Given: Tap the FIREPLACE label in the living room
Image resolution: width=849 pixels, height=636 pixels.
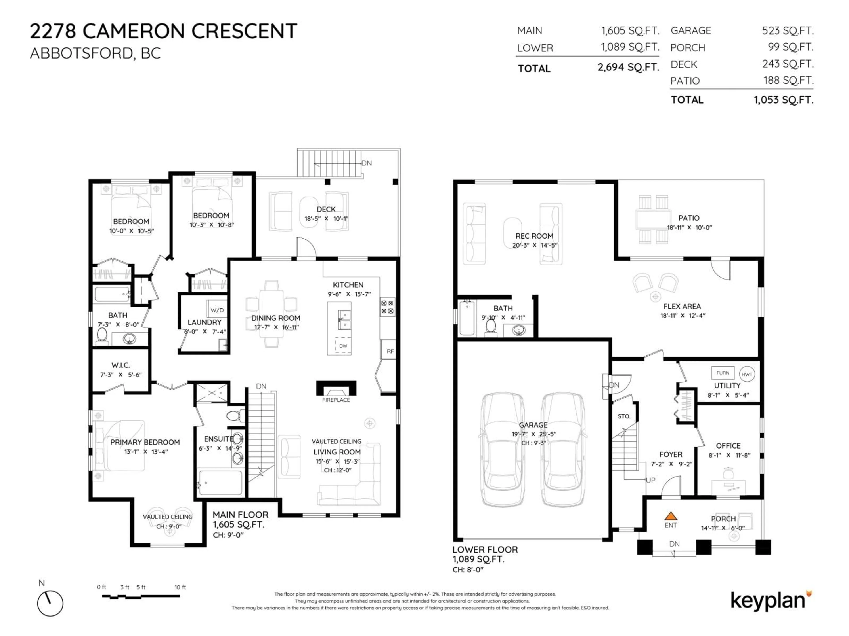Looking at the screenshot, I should (336, 400).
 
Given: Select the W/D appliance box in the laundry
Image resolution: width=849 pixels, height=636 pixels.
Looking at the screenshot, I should (217, 310).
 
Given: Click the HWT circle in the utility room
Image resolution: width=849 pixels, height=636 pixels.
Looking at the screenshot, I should (746, 374).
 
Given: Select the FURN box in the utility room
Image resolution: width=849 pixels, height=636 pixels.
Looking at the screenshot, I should (723, 373).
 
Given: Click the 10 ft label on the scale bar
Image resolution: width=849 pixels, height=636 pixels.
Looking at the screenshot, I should (180, 587).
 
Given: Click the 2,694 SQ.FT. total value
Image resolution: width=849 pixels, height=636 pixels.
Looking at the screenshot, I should (628, 68).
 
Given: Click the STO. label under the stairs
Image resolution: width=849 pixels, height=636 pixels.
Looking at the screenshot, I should (624, 416).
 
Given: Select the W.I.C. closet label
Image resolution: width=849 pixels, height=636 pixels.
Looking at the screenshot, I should (120, 365).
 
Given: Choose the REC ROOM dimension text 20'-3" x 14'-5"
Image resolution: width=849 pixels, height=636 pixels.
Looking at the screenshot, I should (534, 245).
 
